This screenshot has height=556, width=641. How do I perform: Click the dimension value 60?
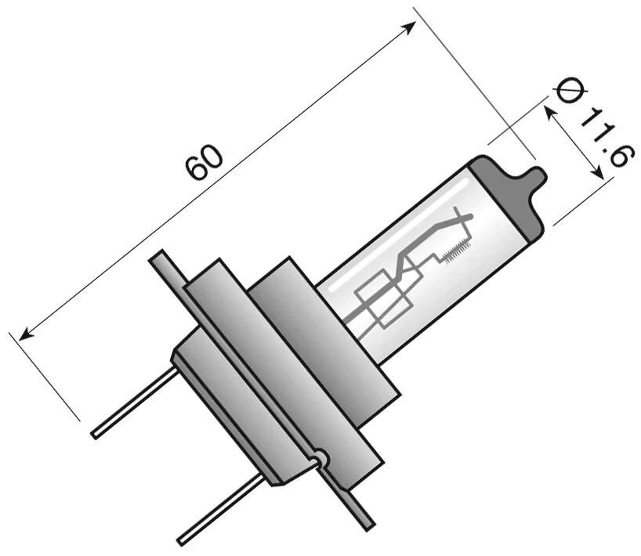click(205, 162)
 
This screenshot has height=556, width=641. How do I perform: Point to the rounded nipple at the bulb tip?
click(535, 177)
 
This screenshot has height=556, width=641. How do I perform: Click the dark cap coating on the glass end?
click(509, 196)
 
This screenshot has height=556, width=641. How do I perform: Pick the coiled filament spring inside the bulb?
click(452, 252)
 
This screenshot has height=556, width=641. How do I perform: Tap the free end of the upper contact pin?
click(96, 433)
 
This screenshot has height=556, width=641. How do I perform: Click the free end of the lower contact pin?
click(181, 540)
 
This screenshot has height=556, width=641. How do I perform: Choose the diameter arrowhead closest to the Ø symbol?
click(549, 111)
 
